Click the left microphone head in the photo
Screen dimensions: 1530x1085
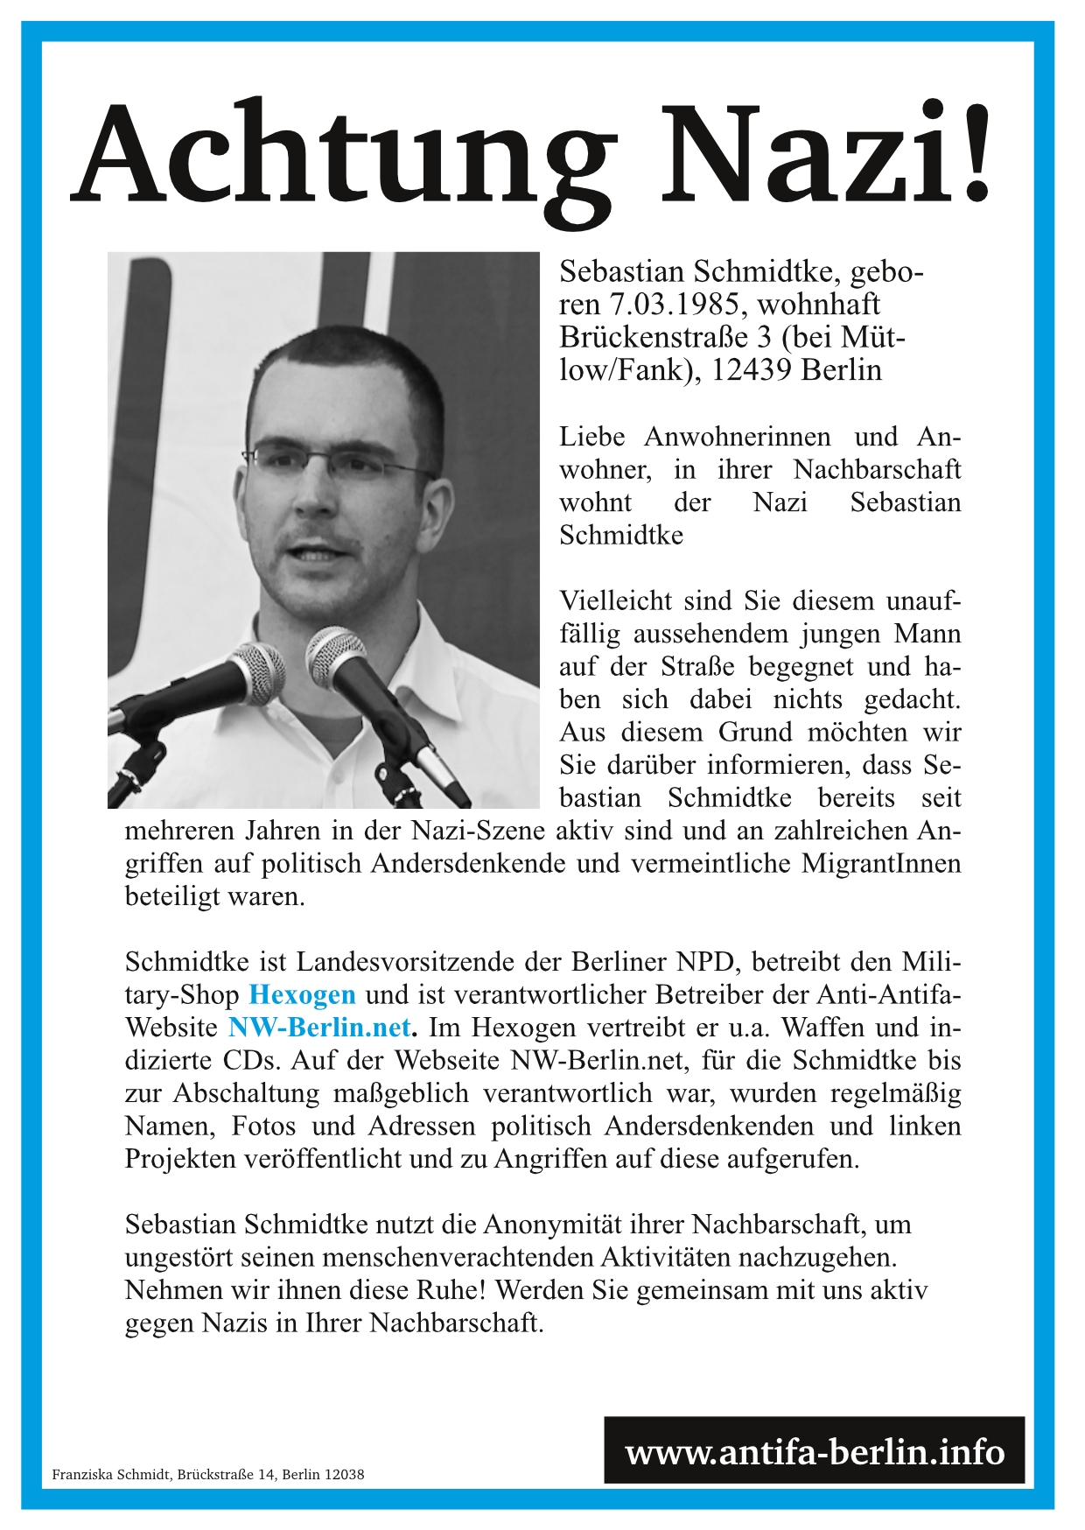[x=255, y=673]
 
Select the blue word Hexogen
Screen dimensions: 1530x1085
[x=302, y=995]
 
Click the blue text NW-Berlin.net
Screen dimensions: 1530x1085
[x=319, y=1028]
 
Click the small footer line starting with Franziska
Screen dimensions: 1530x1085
[x=208, y=1474]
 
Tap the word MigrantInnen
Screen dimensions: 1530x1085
[x=880, y=864]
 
